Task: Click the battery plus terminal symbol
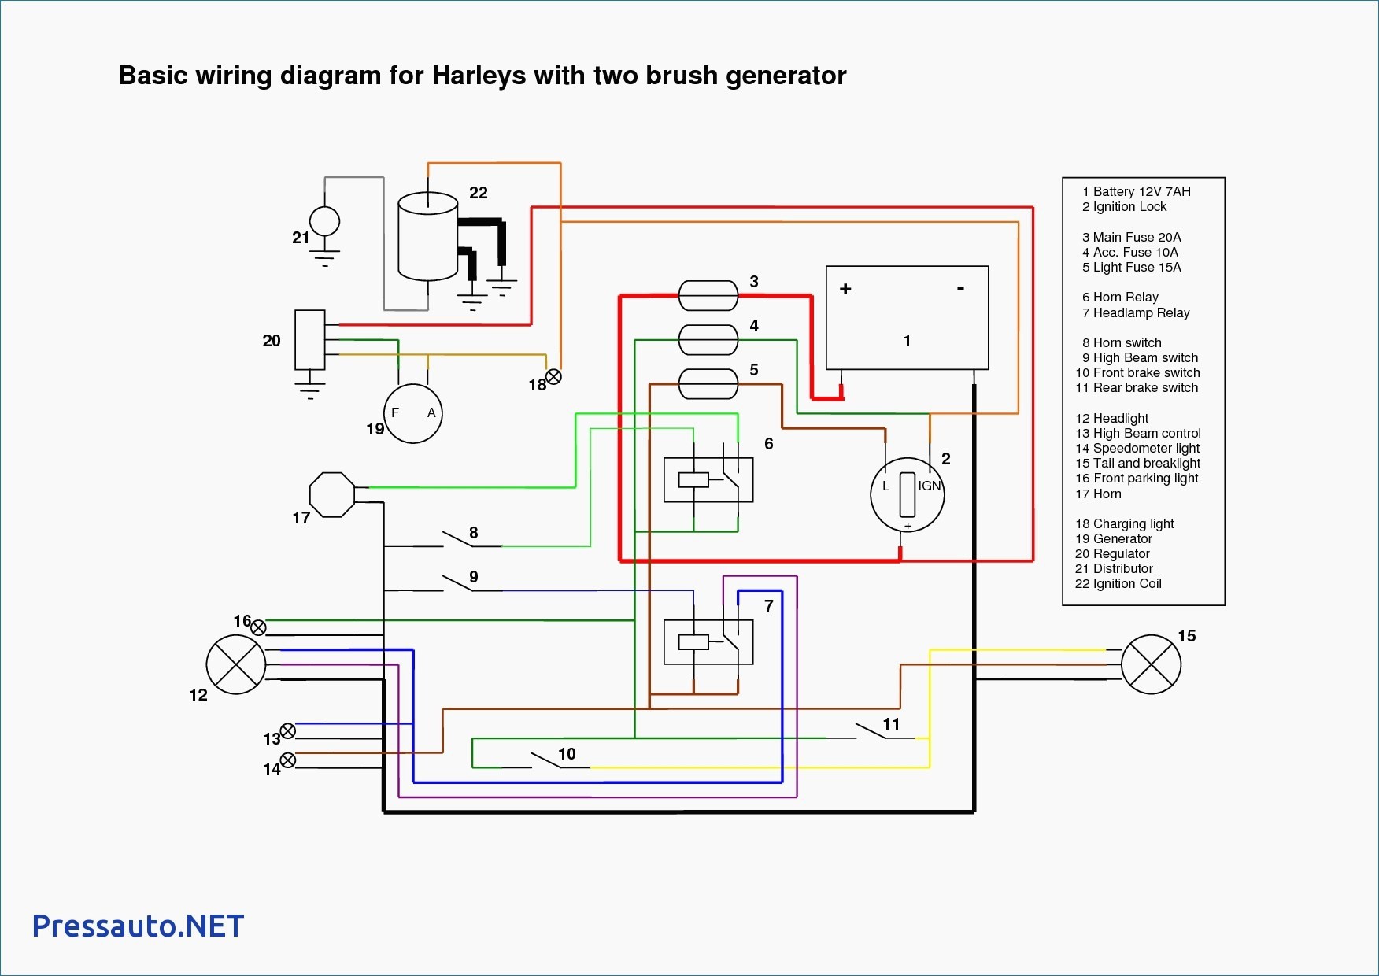(x=845, y=289)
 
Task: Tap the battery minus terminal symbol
(x=960, y=288)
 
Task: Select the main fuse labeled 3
(x=708, y=296)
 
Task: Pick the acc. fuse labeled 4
(x=708, y=340)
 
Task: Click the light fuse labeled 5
(x=708, y=384)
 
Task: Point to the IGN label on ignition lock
(x=930, y=486)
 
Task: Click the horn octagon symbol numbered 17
(x=333, y=494)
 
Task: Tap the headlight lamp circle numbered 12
(x=236, y=664)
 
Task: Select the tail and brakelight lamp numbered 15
(x=1151, y=664)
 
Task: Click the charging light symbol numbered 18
(x=554, y=377)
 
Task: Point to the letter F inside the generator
(x=395, y=412)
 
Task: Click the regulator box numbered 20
(x=310, y=340)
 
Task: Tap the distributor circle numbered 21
(x=325, y=221)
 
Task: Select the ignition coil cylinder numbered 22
(x=428, y=237)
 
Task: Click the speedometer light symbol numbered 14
(x=288, y=760)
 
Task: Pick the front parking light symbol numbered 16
(x=258, y=627)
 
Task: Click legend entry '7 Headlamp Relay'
(x=1136, y=312)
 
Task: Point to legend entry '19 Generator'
(x=1114, y=538)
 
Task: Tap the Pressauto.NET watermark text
(x=139, y=926)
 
